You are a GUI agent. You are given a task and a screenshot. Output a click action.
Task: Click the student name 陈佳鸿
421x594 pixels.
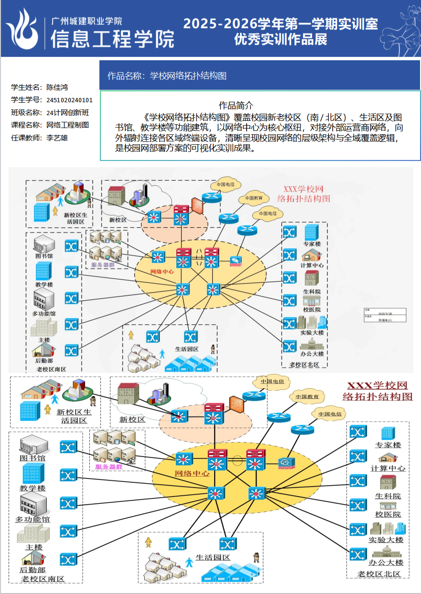click(x=57, y=87)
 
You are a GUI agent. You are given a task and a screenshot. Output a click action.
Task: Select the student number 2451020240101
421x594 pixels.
click(x=70, y=100)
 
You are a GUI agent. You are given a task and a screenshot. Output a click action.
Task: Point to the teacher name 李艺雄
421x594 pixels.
click(x=57, y=138)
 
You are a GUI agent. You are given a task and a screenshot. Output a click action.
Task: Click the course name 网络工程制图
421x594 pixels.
click(x=67, y=125)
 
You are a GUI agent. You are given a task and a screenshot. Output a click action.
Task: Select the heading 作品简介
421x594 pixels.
click(x=236, y=105)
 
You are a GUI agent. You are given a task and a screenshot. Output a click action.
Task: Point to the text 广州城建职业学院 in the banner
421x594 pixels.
click(x=86, y=21)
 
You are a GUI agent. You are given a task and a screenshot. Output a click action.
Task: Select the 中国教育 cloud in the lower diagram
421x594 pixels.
click(x=307, y=396)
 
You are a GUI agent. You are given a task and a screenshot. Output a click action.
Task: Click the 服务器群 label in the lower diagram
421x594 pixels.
click(x=109, y=467)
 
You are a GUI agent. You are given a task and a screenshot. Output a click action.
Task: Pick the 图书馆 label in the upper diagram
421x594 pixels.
click(x=44, y=256)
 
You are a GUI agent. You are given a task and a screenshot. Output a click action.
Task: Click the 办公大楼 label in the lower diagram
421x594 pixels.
click(x=386, y=562)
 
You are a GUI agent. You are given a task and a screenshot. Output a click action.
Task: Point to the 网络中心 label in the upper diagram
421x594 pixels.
click(x=162, y=272)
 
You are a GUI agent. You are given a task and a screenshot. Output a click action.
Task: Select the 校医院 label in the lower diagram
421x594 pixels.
click(x=388, y=515)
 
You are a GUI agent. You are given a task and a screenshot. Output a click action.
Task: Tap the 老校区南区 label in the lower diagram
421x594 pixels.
click(x=43, y=579)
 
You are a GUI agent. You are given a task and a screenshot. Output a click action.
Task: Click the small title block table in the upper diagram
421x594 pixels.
click(x=385, y=315)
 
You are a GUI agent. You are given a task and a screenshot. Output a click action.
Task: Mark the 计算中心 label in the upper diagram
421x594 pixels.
click(x=312, y=265)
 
